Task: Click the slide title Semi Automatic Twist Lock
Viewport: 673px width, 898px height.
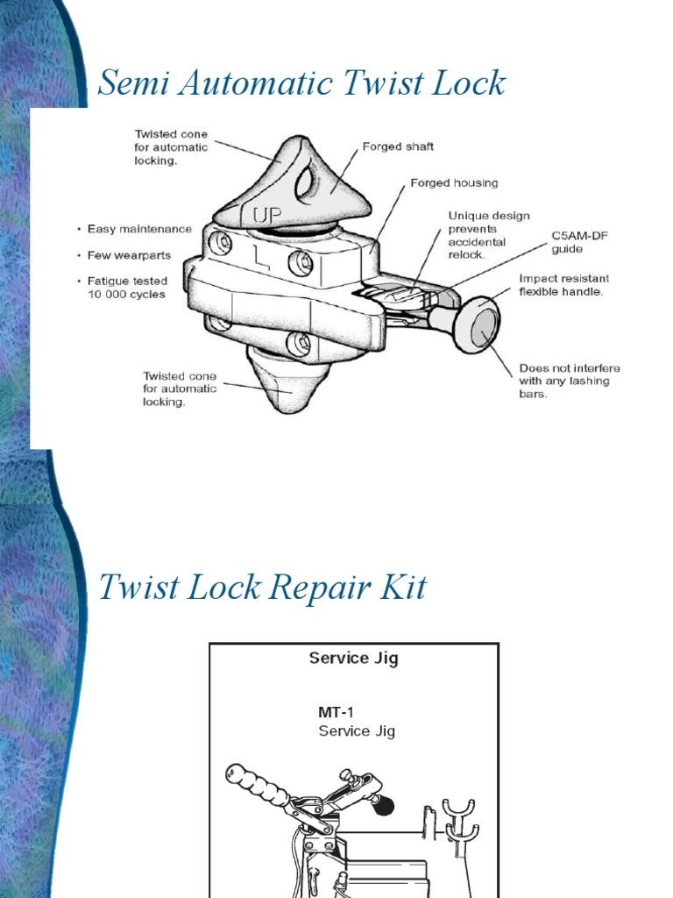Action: click(301, 84)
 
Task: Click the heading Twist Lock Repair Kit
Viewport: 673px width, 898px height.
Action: click(262, 587)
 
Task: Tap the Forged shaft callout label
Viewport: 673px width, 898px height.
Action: click(398, 147)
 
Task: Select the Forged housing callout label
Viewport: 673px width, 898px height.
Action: click(454, 183)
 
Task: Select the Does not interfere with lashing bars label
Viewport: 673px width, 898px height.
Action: click(563, 381)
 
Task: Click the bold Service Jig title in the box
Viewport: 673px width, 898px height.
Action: click(353, 658)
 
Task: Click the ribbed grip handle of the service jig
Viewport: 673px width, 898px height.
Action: click(258, 786)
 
